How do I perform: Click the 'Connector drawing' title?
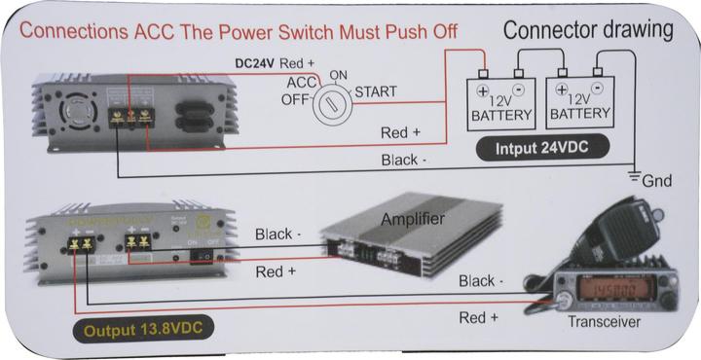[x=588, y=29]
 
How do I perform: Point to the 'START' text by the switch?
[x=376, y=92]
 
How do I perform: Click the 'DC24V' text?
[x=256, y=63]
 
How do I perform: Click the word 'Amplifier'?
[x=413, y=219]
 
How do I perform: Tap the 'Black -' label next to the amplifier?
[x=278, y=234]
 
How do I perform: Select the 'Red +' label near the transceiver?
[x=479, y=317]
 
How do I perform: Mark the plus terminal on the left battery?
[x=481, y=89]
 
